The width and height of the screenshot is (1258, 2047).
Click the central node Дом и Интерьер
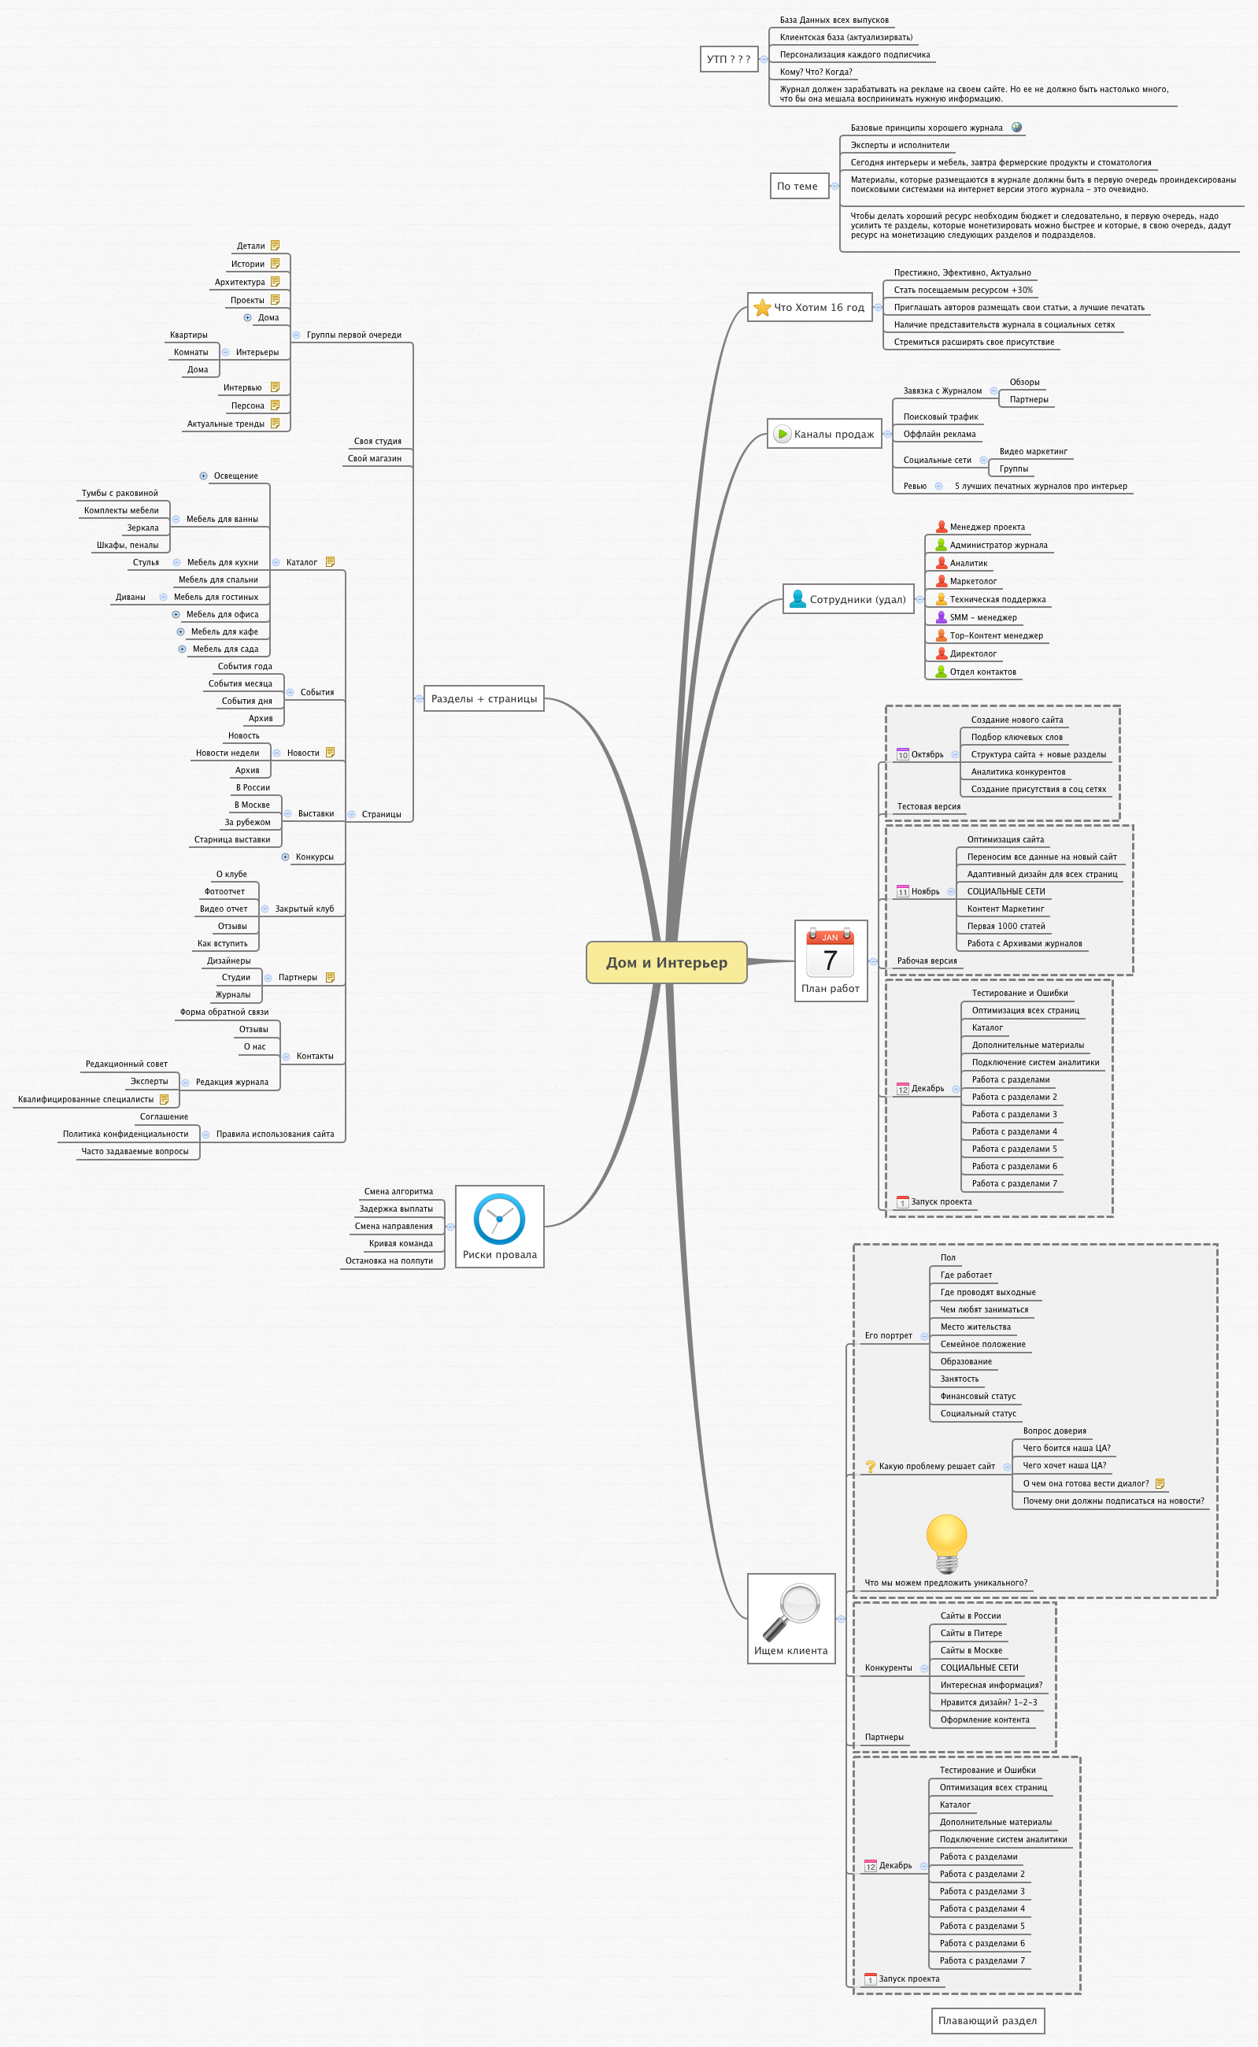pos(667,962)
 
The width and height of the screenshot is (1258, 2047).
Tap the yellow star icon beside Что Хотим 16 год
pos(762,308)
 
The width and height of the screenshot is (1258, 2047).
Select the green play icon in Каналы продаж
pos(782,434)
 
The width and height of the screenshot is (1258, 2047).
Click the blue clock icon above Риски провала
pos(499,1219)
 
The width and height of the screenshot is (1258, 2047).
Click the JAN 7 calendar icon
pos(831,952)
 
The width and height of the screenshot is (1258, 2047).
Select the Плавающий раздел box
pos(988,2020)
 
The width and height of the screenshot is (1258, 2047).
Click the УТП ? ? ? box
pos(729,59)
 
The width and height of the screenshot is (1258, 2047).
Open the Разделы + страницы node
pos(484,699)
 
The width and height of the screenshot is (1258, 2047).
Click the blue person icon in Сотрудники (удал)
pos(797,599)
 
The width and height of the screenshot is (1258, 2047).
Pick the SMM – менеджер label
pos(982,617)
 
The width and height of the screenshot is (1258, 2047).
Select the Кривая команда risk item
pos(400,1243)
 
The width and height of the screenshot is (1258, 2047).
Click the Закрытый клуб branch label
pos(305,909)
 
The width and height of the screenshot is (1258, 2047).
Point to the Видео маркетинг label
pos(1034,452)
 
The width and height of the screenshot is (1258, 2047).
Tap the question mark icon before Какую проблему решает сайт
pos(870,1466)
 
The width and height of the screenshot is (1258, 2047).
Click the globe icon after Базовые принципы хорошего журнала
pos(1017,128)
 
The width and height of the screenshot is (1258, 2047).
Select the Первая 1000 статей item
pos(1006,926)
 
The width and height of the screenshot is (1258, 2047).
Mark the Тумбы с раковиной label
pos(120,494)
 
